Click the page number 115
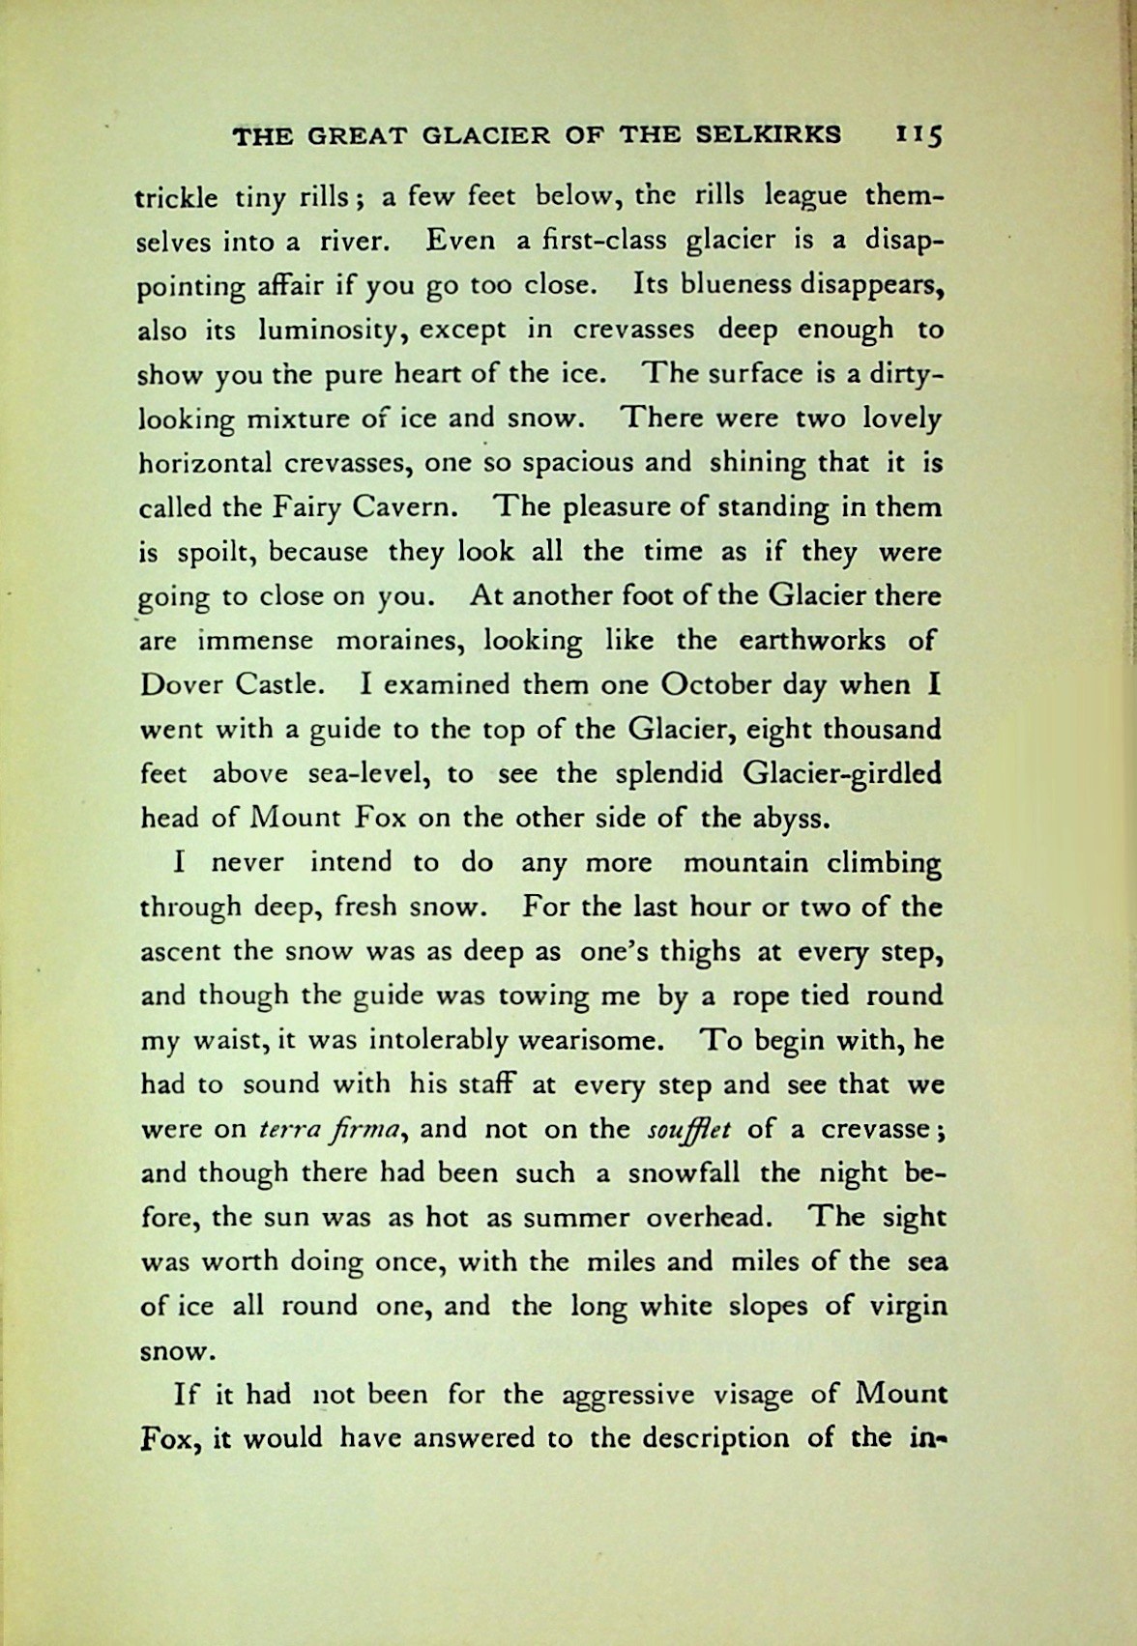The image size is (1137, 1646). tap(919, 136)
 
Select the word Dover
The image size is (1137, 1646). tap(181, 685)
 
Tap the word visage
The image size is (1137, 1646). tap(754, 1397)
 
